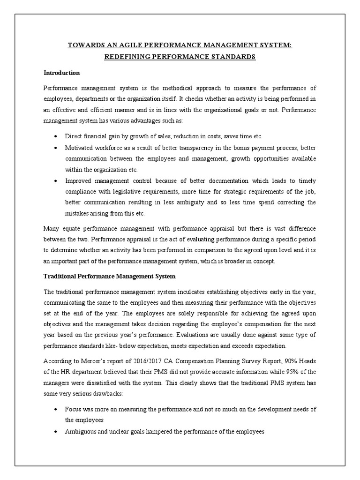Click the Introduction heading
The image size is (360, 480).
tap(61, 73)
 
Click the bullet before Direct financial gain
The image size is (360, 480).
tap(56, 136)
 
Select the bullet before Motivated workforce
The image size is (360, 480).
tap(56, 147)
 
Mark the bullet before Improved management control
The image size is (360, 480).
tap(56, 180)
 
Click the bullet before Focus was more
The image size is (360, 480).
tap(56, 409)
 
